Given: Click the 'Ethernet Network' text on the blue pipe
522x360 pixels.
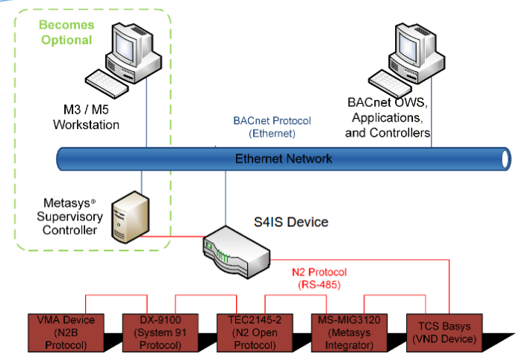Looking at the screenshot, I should (x=284, y=159).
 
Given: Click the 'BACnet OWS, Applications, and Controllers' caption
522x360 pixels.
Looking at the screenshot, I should (x=388, y=117).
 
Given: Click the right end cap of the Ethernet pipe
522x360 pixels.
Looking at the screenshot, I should (x=506, y=158).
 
